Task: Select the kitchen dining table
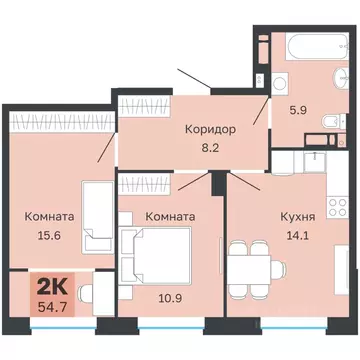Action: click(250, 270)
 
